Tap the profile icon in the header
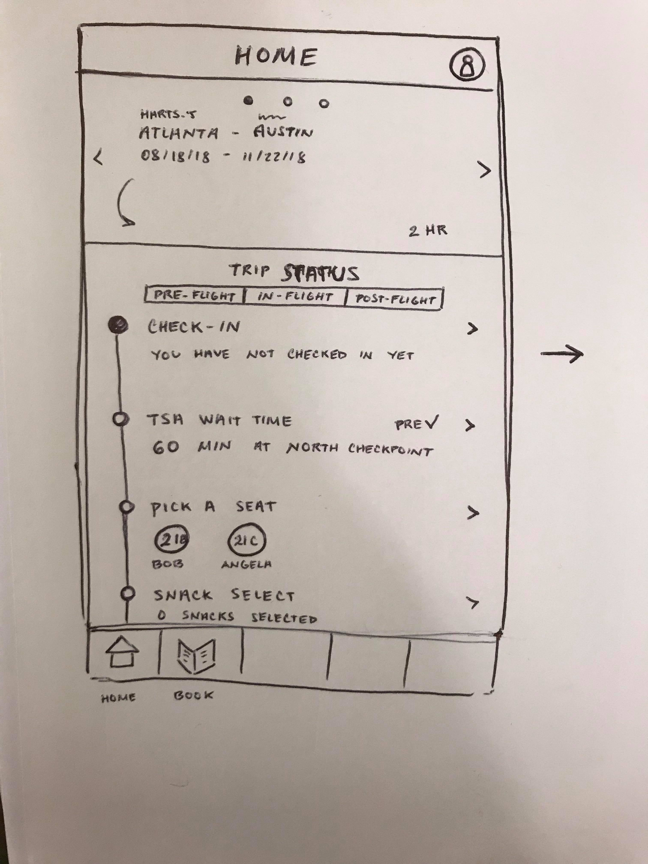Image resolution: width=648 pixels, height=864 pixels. pyautogui.click(x=466, y=65)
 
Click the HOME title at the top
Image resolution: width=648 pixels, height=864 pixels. pyautogui.click(x=276, y=57)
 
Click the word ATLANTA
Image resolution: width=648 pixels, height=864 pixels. pyautogui.click(x=178, y=133)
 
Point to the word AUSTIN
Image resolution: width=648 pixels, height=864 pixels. pyautogui.click(x=283, y=133)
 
